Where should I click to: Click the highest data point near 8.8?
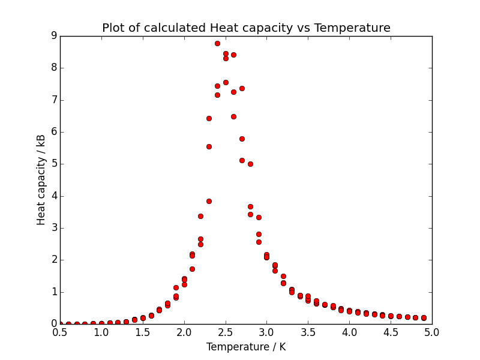tap(217, 43)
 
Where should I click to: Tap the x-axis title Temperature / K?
tap(246, 347)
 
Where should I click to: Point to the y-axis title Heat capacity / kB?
tap(41, 180)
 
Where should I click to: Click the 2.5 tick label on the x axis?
tap(225, 332)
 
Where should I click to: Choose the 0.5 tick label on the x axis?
tap(60, 332)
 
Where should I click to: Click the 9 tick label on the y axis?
tap(54, 36)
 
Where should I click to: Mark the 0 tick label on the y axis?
tap(54, 324)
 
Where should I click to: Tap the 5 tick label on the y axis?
tap(54, 164)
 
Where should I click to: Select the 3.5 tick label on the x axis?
tap(308, 332)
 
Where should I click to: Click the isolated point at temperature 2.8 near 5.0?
tap(250, 164)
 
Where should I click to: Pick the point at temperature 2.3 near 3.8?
tap(209, 201)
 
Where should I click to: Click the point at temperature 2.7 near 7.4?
tap(242, 88)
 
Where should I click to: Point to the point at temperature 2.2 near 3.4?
tap(200, 216)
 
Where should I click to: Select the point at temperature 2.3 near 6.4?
tap(209, 118)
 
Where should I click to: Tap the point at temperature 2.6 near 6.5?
tap(233, 116)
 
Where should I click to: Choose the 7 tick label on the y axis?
tap(54, 100)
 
